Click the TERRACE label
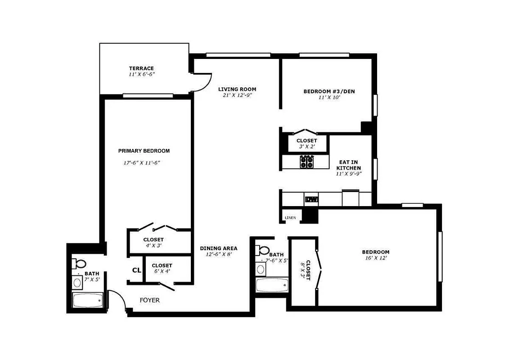coord(141,68)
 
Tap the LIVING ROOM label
coord(237,89)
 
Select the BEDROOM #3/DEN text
coord(329,91)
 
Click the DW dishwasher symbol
coord(311,199)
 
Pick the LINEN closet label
coord(290,218)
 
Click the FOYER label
coord(149,300)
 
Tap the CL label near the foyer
coord(137,270)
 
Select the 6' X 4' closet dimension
coord(162,272)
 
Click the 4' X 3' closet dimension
coord(153,246)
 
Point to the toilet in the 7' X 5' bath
coord(81,263)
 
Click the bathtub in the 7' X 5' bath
coord(88,300)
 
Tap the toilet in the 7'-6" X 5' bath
coord(264,251)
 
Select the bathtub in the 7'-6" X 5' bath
coord(272,285)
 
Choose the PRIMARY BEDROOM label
coord(144,151)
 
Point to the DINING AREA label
coord(218,248)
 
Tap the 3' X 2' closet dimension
coord(306,147)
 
